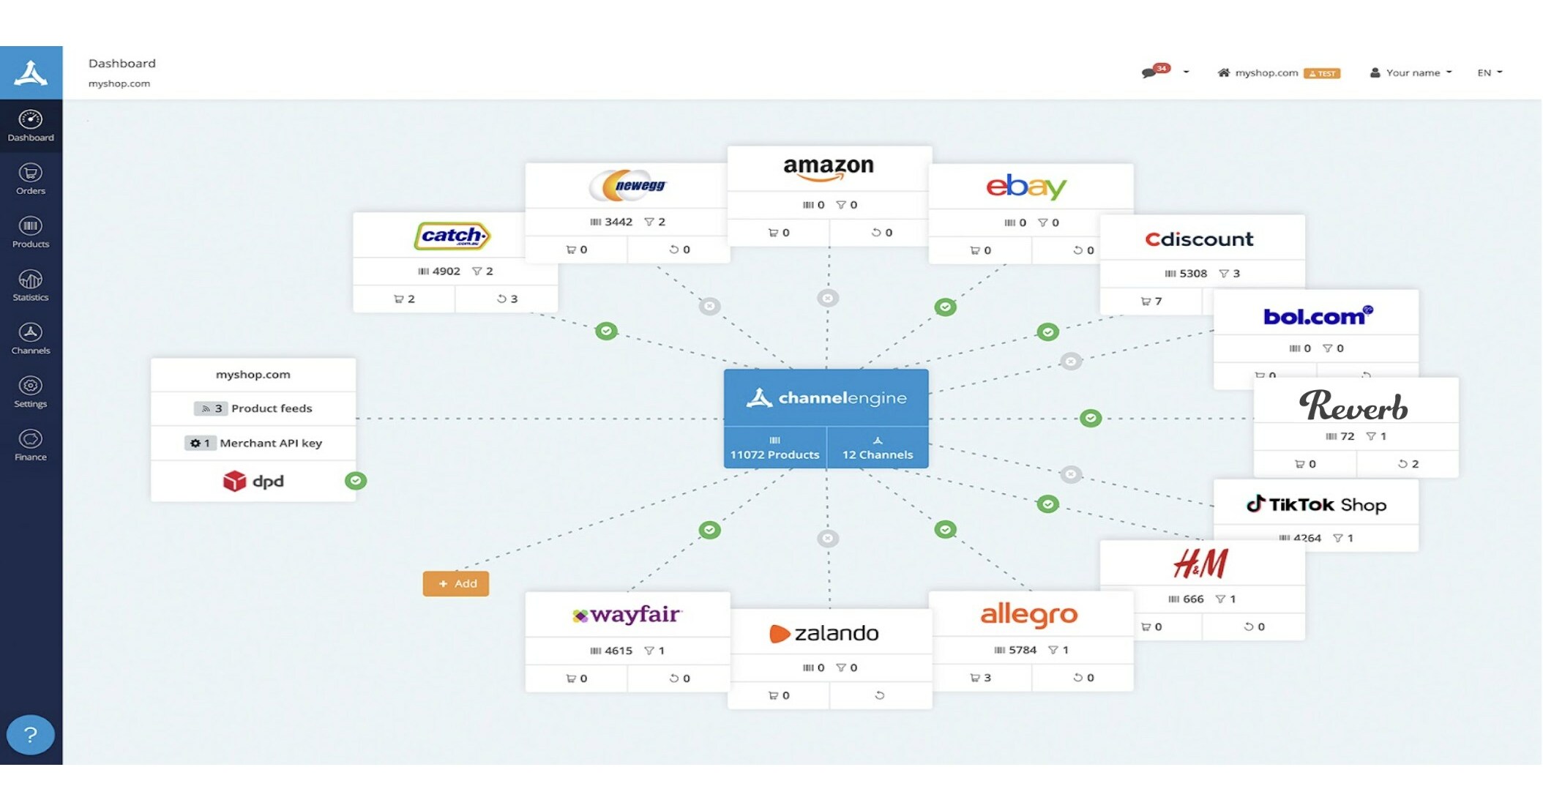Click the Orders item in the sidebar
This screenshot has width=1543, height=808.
31,179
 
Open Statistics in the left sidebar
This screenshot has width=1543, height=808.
31,285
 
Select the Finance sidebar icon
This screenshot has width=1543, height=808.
31,445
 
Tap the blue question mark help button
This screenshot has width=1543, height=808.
31,734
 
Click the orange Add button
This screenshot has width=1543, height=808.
455,583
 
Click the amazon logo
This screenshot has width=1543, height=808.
829,168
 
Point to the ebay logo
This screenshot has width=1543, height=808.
1026,187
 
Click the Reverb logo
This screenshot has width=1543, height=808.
1353,405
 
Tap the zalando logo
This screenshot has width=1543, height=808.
824,633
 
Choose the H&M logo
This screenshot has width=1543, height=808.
1200,564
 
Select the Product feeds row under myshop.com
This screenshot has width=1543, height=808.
253,408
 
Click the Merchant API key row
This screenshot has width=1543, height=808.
253,443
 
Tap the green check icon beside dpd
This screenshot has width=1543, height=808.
356,481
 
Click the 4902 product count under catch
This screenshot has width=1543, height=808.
440,271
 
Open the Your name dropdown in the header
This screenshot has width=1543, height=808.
1411,72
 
